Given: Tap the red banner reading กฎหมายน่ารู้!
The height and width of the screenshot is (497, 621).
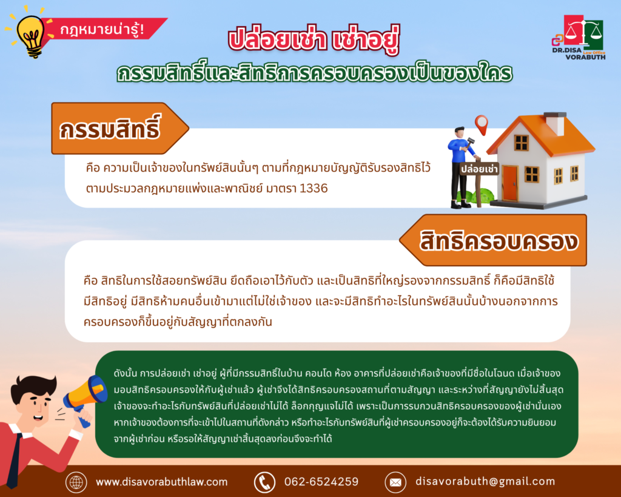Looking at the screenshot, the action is pos(105,29).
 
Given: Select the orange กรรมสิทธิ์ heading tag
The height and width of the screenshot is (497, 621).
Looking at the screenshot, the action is pos(119,128).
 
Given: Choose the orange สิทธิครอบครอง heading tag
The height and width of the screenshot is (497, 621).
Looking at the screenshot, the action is pos(493,240).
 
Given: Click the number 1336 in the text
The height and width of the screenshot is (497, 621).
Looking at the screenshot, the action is pos(314,188).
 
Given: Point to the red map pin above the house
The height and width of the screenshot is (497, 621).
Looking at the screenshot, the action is pos(481,124).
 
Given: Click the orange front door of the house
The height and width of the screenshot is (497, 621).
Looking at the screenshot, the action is pos(509,183).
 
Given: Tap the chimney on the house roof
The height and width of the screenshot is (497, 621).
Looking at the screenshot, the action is pos(556,123).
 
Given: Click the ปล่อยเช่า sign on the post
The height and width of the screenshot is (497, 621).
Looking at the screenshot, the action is pos(479,169).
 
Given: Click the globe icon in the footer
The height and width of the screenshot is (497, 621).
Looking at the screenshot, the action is pos(76,482).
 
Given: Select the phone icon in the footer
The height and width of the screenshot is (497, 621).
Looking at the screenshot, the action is pos(264,482).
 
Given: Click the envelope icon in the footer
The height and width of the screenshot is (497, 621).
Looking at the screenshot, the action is pos(395,482).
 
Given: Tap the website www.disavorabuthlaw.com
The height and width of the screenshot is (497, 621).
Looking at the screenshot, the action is pos(161,482).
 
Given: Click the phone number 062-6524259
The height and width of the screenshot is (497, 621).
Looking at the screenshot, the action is pos(321,482).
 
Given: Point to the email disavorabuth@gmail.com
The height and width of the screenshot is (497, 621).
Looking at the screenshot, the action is pos(485,482).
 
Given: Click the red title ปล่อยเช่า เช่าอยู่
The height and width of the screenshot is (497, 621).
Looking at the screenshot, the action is pos(314,39).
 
